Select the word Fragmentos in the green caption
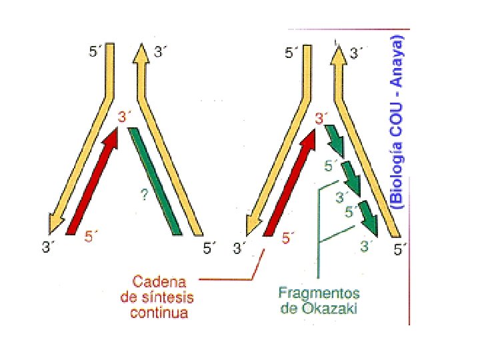tap(319, 293)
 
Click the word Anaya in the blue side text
tap(397, 60)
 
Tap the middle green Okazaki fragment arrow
tap(351, 177)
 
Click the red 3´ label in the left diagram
tap(125, 117)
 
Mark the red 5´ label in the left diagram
tap(92, 235)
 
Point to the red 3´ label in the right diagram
tap(322, 119)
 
